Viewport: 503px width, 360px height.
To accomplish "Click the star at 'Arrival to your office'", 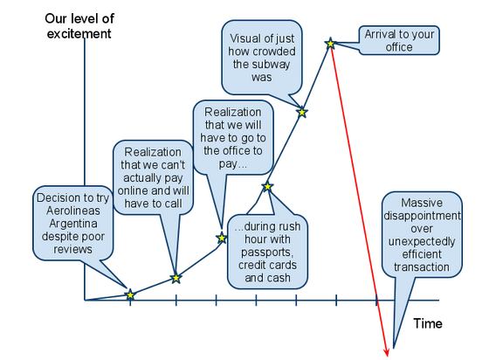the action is point(330,44).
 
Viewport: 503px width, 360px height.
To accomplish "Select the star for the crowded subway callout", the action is point(302,113).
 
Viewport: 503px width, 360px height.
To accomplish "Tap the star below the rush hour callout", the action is point(267,186).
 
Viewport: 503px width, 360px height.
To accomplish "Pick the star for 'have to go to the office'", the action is point(222,238).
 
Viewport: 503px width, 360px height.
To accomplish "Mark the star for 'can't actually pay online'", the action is point(176,278).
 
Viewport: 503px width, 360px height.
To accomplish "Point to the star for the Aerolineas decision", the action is point(130,294).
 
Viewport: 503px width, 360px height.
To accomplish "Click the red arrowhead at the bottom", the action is point(387,352).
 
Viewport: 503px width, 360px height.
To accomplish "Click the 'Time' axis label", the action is point(428,323).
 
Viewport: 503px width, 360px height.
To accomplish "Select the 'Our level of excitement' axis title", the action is point(79,26).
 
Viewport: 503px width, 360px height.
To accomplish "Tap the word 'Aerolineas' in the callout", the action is point(73,211).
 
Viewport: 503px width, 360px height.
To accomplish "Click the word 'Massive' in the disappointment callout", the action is point(422,203).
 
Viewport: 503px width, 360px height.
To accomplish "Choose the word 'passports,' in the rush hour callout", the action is point(267,253).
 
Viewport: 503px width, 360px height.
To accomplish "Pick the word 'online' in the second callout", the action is point(133,190).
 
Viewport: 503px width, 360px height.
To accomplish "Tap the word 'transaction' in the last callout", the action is point(422,267).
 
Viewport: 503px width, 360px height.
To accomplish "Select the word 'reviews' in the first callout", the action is point(72,249).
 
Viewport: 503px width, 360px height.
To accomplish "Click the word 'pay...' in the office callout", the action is point(233,164).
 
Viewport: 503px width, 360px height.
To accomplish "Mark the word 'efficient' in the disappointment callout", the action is point(422,254).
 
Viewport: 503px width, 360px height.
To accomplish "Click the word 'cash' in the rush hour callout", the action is point(279,278).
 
